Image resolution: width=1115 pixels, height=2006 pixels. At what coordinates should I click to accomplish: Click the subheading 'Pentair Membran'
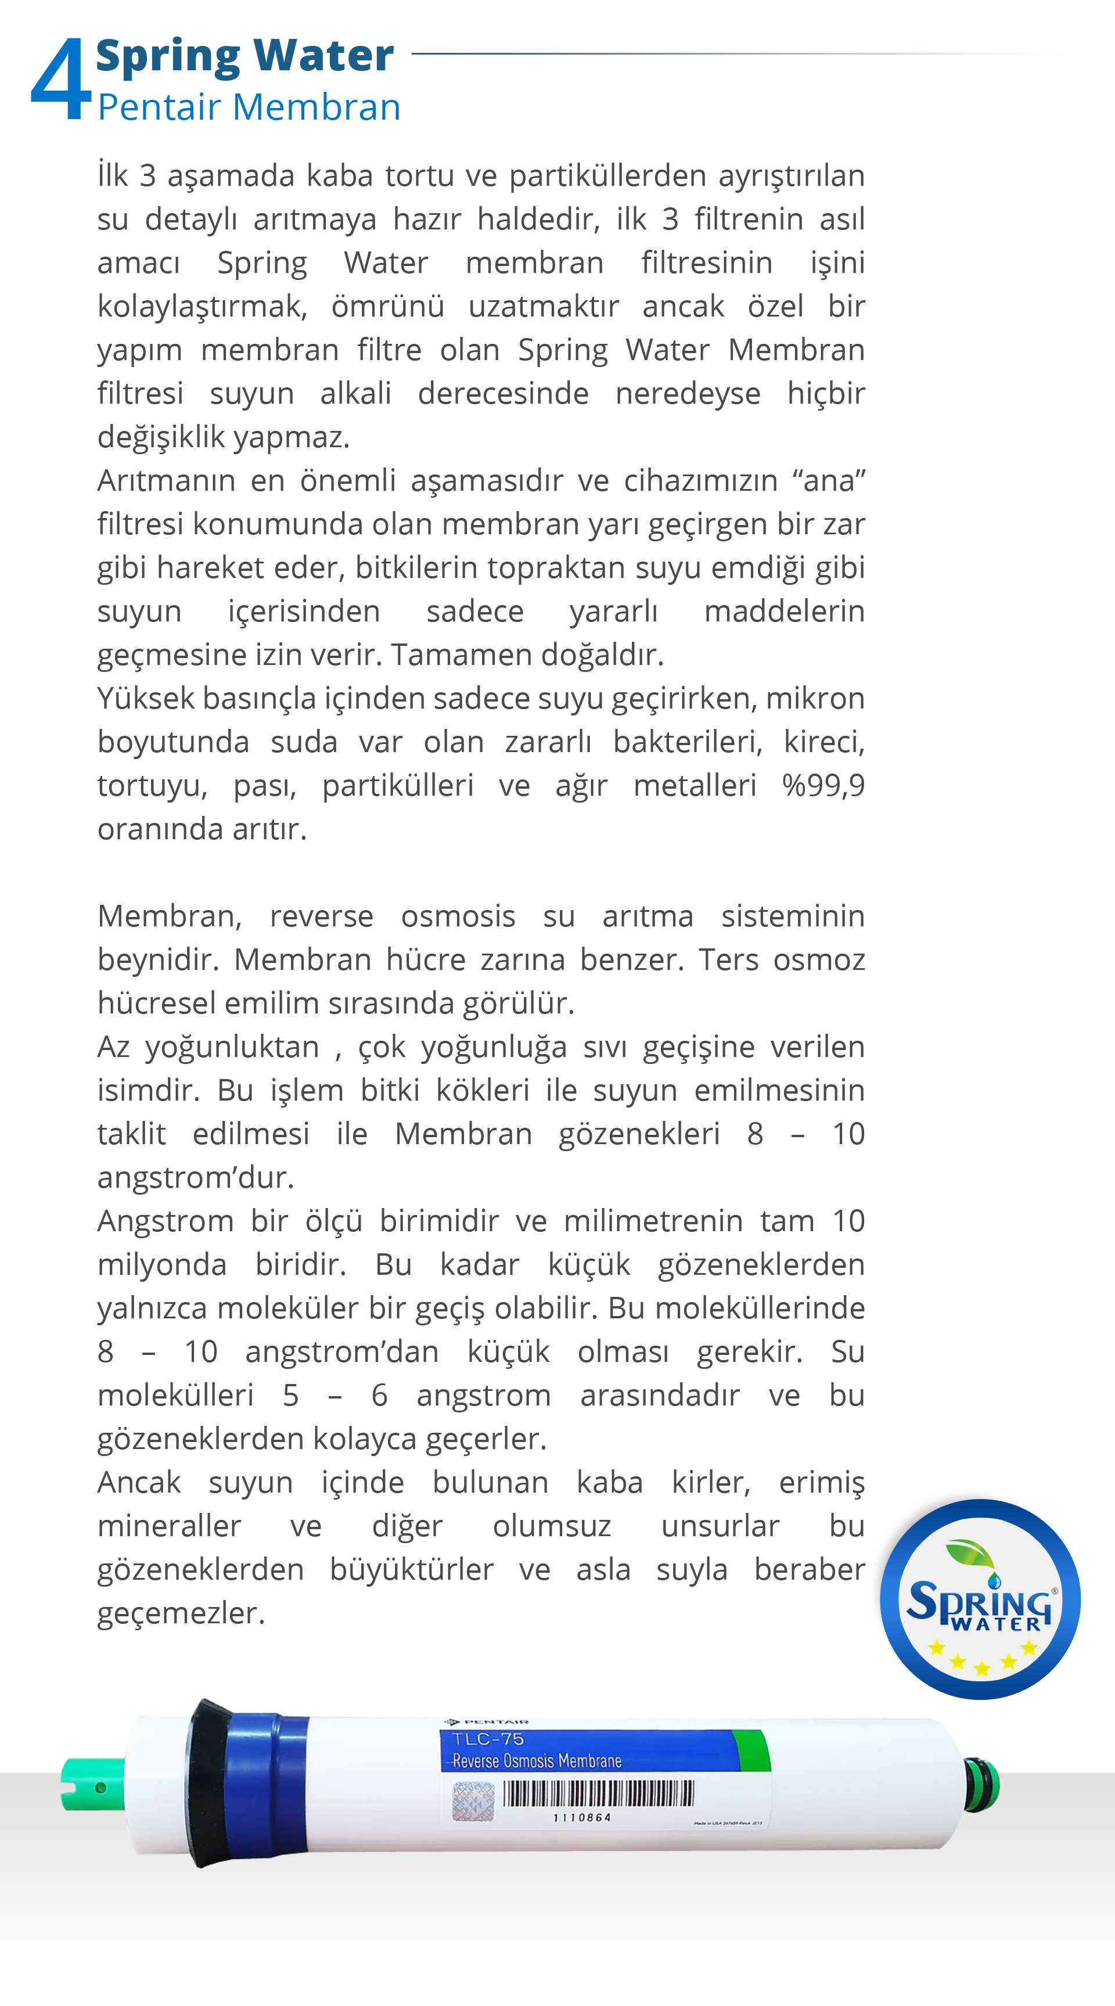click(x=249, y=107)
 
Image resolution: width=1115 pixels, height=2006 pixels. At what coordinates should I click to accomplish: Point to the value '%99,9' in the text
click(x=823, y=785)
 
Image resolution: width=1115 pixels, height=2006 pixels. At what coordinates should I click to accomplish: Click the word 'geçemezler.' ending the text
click(x=181, y=1613)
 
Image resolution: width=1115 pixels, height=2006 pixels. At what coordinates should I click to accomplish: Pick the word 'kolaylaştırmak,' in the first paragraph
click(x=202, y=307)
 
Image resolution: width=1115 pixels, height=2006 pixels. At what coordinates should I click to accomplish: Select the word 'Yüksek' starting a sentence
click(x=146, y=699)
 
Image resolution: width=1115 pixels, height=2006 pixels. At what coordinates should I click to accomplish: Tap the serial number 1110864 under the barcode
click(x=582, y=1818)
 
